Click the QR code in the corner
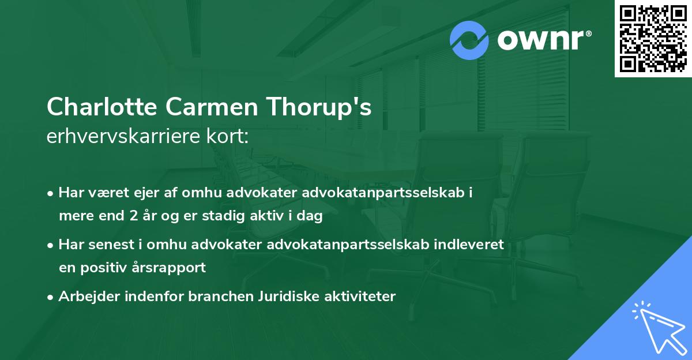(653, 39)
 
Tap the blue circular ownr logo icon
(469, 40)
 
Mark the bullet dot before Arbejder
(51, 297)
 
